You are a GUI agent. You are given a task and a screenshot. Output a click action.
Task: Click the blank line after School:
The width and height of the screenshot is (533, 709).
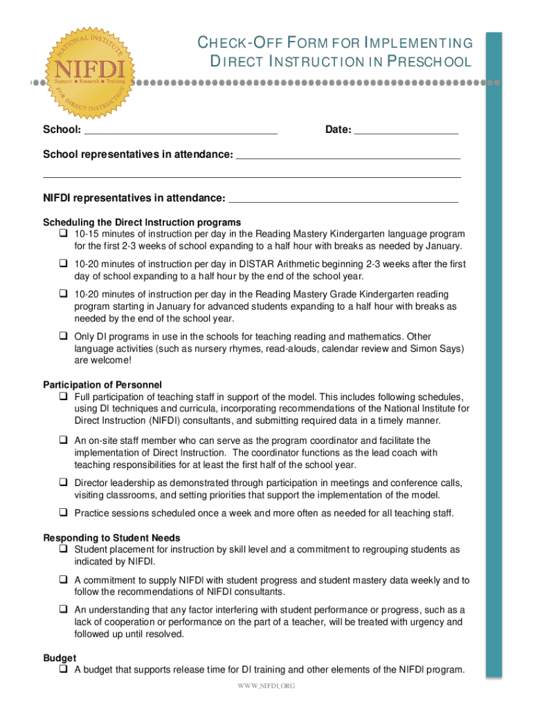pos(180,131)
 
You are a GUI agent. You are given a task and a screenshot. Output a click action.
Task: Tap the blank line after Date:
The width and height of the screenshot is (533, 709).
pos(406,131)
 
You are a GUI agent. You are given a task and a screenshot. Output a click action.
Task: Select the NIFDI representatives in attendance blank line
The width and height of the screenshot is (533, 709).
pos(343,200)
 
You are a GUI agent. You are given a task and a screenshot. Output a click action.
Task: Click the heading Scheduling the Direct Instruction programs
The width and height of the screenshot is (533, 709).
pos(142,222)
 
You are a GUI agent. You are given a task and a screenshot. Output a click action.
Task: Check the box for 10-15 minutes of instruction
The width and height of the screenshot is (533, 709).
pos(62,234)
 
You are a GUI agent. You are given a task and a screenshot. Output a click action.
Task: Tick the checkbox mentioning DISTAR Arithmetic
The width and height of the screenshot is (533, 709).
pos(62,264)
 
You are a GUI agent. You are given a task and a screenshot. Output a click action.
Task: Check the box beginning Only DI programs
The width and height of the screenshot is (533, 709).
pos(62,336)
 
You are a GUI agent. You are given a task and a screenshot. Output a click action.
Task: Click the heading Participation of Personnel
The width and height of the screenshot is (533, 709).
pos(102,385)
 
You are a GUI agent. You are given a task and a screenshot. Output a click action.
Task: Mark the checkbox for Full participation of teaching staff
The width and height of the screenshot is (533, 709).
pos(62,397)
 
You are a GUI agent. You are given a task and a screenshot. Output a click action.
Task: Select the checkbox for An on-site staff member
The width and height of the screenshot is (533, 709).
pos(62,440)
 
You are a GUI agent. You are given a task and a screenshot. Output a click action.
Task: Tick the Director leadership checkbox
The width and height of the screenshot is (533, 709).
pos(62,483)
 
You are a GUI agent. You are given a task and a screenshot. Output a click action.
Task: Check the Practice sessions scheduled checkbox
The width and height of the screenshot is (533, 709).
pos(62,513)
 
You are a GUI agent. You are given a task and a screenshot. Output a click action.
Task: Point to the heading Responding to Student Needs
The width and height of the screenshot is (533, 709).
pos(111,538)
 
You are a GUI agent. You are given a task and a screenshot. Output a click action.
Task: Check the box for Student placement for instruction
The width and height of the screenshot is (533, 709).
pos(62,550)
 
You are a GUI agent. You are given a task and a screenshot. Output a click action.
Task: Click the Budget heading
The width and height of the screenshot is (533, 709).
pos(60,658)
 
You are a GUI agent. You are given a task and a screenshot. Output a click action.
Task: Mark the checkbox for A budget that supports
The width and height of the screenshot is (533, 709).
pos(62,670)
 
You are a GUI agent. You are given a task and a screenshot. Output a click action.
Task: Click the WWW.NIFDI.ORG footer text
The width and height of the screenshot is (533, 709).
pos(266,685)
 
